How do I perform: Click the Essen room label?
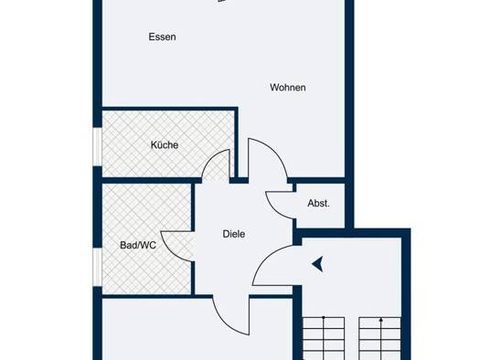(x=162, y=37)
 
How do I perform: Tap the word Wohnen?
(x=288, y=88)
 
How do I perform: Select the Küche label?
(x=165, y=144)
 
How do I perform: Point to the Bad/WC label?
(x=138, y=245)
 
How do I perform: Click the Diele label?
(x=234, y=234)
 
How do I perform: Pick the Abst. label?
(x=319, y=203)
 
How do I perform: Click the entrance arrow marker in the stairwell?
(x=318, y=264)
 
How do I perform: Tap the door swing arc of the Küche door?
(x=211, y=158)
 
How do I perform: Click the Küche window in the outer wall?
(x=97, y=147)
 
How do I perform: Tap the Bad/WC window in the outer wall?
(x=97, y=268)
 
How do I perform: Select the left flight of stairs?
(x=324, y=339)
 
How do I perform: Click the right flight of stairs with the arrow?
(x=380, y=339)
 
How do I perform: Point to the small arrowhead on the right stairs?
(x=381, y=320)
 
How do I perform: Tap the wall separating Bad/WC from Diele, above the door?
(x=193, y=207)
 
